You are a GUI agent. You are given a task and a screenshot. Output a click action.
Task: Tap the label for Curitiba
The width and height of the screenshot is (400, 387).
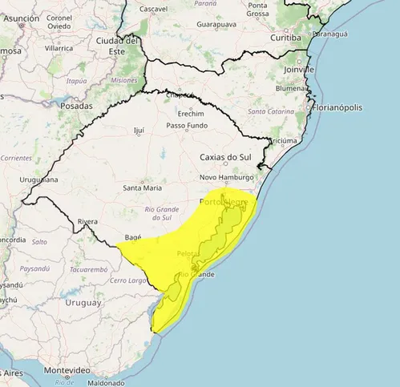point(285,38)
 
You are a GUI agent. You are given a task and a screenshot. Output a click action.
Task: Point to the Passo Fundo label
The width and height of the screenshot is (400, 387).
point(187,126)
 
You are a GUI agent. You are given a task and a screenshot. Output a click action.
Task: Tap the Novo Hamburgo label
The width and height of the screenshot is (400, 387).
point(226,177)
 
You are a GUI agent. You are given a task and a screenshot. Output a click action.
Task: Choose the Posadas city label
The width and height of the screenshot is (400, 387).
point(76,106)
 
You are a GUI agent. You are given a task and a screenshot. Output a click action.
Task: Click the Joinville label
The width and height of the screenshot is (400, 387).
point(299,70)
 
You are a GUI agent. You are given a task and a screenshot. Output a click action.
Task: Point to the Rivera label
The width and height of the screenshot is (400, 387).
point(87,222)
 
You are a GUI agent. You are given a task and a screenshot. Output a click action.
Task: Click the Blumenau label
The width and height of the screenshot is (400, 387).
point(289,89)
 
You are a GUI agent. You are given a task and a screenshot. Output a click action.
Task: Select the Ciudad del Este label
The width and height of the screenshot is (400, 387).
point(118,46)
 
